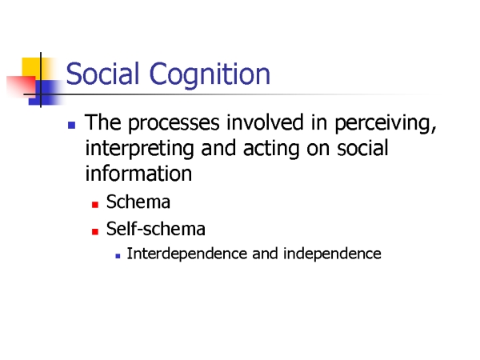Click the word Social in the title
coord(102,73)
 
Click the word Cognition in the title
coord(210,74)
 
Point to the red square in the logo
coord(21,86)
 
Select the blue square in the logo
coord(44,93)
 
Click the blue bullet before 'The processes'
coord(72,125)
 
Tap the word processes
coord(174,123)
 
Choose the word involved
coord(265,122)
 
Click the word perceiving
coord(386,123)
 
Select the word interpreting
coord(139,149)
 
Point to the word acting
coord(271,149)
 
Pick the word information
coord(138,174)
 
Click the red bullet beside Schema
coord(95,205)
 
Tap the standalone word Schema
coord(138,202)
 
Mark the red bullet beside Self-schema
coord(95,231)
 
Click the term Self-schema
coord(155,229)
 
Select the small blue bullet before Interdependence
coord(118,256)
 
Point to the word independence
coord(332,254)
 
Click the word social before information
coord(362,148)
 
